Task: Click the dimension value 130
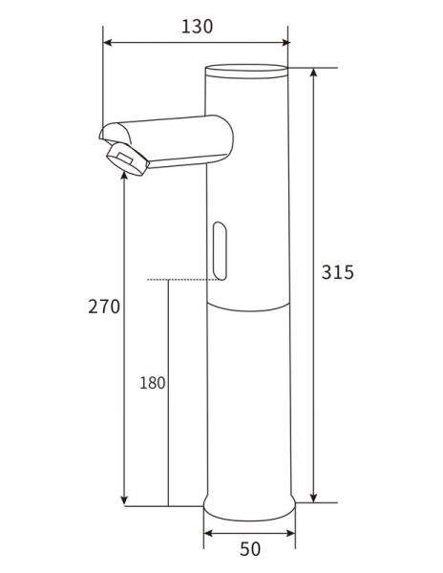pos(197,27)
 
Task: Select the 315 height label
pos(338,272)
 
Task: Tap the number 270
pos(104,307)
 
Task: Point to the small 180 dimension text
pos(153,383)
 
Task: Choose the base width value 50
pos(249,549)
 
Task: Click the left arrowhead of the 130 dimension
pos(108,42)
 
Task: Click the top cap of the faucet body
pos(247,69)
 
